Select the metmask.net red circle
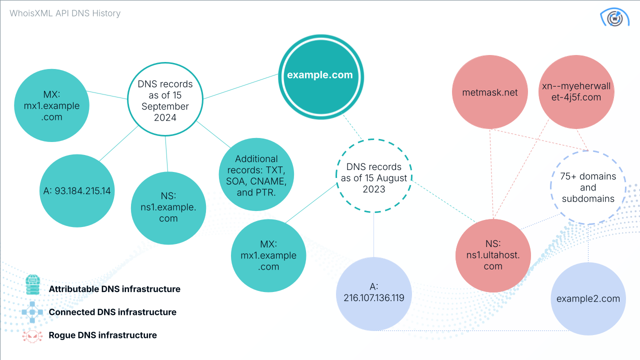[489, 92]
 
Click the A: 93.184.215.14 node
[77, 190]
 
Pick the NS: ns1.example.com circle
[168, 206]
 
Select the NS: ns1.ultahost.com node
[493, 255]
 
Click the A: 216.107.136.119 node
[374, 292]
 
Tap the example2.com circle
[588, 299]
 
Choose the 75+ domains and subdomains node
[588, 187]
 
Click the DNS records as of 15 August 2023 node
[374, 178]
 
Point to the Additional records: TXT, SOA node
[256, 174]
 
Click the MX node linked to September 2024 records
[51, 105]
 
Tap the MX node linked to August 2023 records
[269, 255]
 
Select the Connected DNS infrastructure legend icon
[33, 312]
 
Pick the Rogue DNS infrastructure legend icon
[33, 335]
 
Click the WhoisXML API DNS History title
[65, 13]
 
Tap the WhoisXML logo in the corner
[614, 17]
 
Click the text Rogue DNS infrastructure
[102, 335]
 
